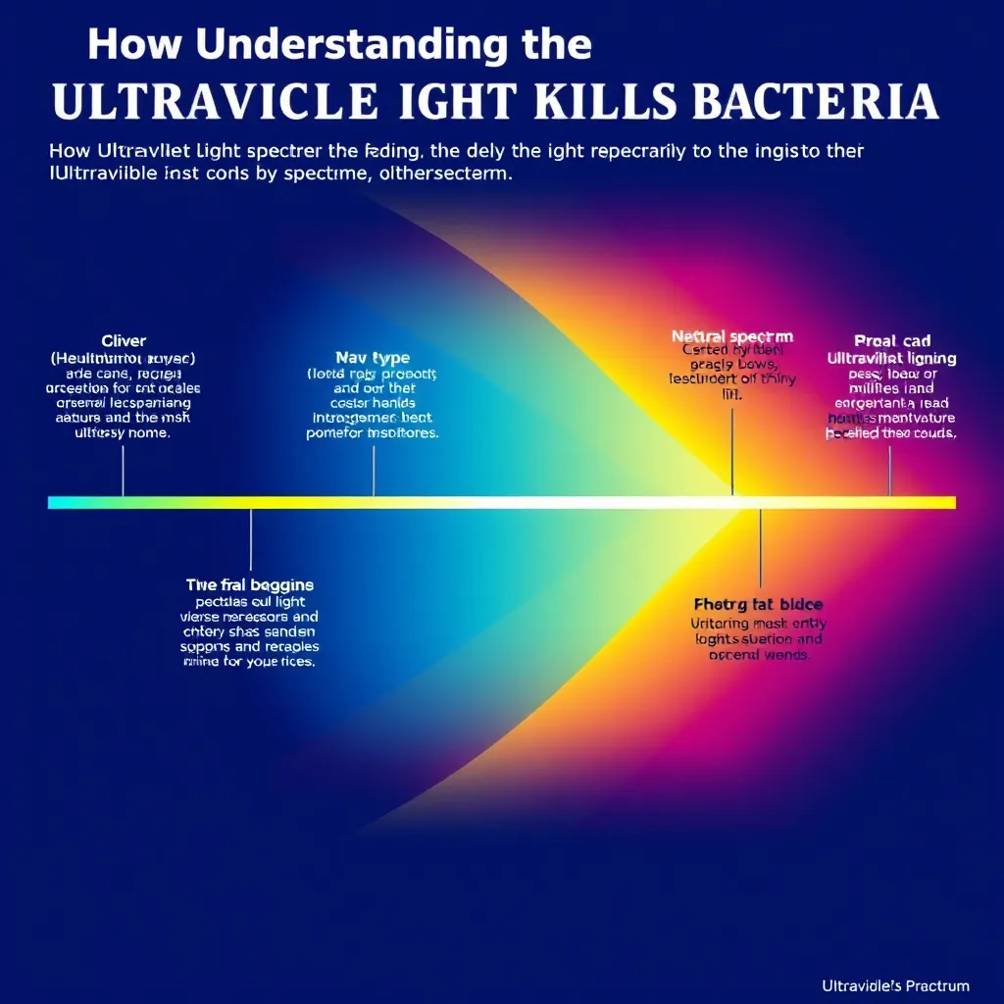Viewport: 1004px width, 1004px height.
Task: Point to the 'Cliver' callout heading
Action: pos(124,341)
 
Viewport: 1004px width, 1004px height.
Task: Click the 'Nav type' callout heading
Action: pos(373,358)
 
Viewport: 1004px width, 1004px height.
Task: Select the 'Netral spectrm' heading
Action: pos(732,336)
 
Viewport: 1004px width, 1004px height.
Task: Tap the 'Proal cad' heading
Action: pos(891,341)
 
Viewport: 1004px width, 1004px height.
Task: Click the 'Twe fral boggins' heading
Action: pos(250,584)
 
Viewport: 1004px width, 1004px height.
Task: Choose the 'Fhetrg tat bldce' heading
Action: pos(759,604)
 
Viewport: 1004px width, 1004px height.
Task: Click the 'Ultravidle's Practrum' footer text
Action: pos(896,985)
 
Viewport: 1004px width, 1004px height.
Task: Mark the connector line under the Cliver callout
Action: pos(124,471)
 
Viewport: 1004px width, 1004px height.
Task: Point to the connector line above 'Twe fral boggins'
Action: pos(251,539)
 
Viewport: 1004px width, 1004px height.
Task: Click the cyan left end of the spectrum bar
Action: pos(59,502)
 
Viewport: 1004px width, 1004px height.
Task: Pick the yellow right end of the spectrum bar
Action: pos(946,502)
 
